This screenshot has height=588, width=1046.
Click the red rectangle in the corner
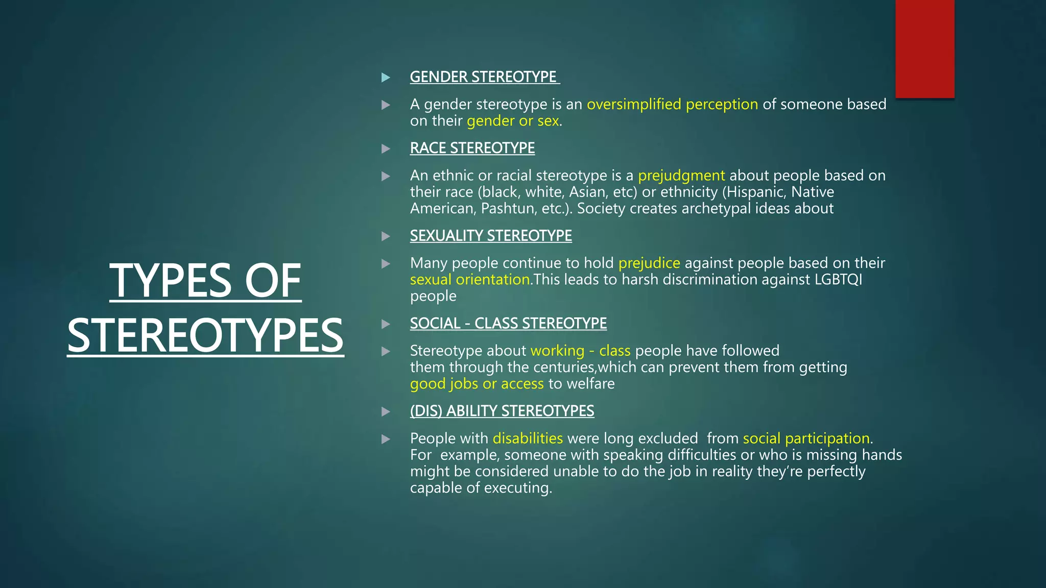pyautogui.click(x=924, y=49)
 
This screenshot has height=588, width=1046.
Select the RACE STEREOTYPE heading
pyautogui.click(x=472, y=148)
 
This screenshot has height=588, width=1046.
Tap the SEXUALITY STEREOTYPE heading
pyautogui.click(x=490, y=236)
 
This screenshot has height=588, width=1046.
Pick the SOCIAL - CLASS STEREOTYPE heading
pyautogui.click(x=508, y=324)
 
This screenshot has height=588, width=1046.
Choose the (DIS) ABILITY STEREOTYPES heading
pyautogui.click(x=502, y=411)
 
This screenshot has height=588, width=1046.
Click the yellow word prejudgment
pyautogui.click(x=681, y=176)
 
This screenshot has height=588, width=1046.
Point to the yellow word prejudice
pyautogui.click(x=649, y=263)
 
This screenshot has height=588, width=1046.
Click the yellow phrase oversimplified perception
pyautogui.click(x=672, y=105)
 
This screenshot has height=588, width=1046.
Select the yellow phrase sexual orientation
pyautogui.click(x=470, y=280)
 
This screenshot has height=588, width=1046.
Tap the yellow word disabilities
pyautogui.click(x=528, y=438)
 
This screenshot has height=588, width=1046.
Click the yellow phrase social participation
pyautogui.click(x=806, y=438)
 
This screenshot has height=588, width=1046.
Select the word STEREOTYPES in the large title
pyautogui.click(x=205, y=336)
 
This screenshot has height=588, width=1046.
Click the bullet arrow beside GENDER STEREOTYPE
pyautogui.click(x=386, y=78)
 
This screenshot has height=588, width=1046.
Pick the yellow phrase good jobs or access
pyautogui.click(x=477, y=384)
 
